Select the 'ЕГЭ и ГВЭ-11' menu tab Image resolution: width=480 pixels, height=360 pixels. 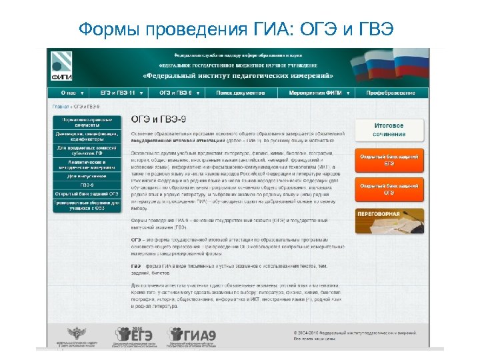[x=120, y=93]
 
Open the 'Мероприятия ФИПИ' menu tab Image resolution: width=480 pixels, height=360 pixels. [x=317, y=93]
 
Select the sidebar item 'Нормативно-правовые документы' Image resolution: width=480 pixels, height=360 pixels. [x=87, y=122]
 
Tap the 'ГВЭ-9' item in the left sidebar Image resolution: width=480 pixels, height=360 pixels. [x=87, y=185]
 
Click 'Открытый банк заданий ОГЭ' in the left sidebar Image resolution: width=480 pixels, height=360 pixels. [x=87, y=193]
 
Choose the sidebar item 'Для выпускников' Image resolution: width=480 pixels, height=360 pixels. [x=87, y=176]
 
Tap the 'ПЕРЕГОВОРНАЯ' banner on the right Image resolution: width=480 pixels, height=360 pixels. [x=389, y=221]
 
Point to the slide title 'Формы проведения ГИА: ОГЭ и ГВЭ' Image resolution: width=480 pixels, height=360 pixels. [x=236, y=29]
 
